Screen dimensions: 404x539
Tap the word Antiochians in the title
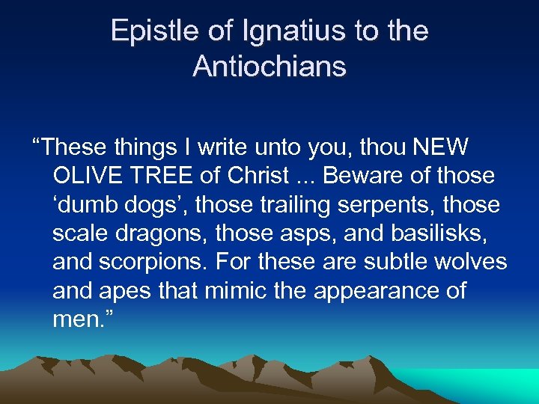point(269,67)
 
